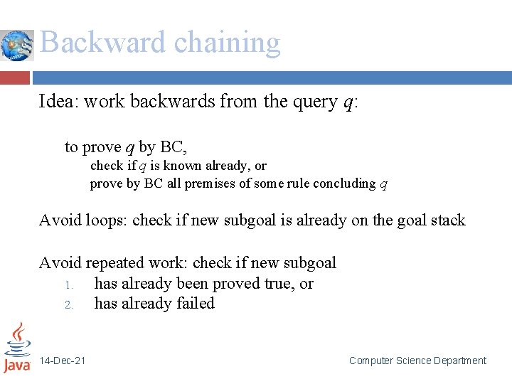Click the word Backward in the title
[103, 43]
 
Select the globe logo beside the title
[17, 46]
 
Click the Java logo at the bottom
[17, 348]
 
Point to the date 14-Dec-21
[63, 361]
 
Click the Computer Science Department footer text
[417, 361]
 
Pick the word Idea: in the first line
[59, 102]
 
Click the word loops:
[107, 220]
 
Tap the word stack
[446, 220]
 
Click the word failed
[193, 304]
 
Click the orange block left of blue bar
[15, 78]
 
